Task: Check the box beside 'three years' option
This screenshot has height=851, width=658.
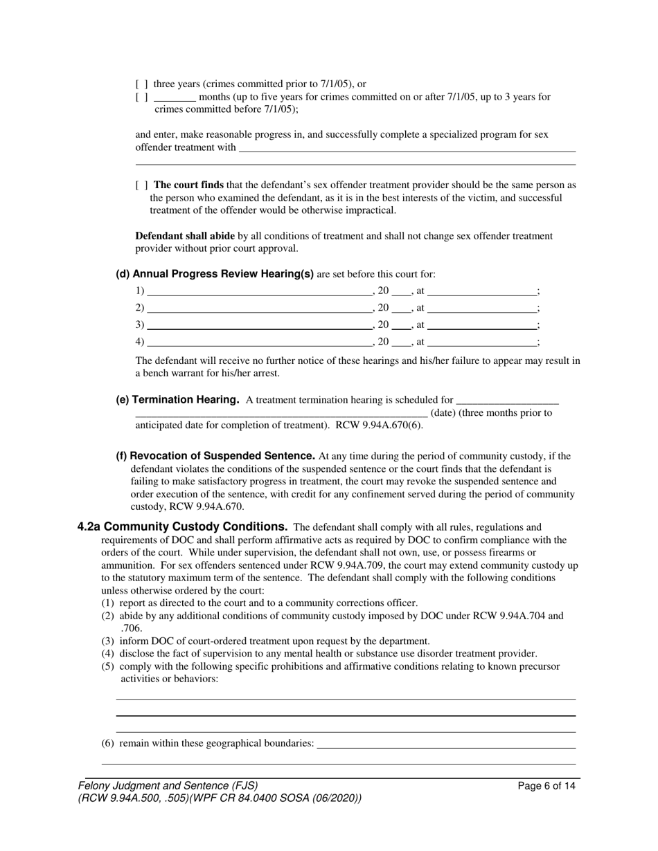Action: [x=141, y=84]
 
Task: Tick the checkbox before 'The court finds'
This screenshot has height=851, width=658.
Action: [x=141, y=185]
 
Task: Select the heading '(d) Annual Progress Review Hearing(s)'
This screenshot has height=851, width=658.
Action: [x=215, y=274]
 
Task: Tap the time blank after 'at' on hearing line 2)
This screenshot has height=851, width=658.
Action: [x=483, y=308]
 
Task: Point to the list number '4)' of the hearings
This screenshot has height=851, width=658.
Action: [x=140, y=341]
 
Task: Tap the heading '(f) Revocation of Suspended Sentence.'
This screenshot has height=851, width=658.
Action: [x=215, y=456]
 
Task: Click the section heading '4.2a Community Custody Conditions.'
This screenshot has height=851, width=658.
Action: [x=183, y=527]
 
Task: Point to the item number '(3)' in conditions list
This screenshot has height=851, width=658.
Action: [x=108, y=641]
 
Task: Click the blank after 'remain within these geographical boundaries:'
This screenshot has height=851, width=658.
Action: [x=446, y=744]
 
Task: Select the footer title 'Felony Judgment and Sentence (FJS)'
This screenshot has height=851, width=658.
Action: [x=168, y=786]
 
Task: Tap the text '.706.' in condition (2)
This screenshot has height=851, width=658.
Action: [x=131, y=628]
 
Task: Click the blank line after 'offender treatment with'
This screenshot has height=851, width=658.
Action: [x=407, y=147]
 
